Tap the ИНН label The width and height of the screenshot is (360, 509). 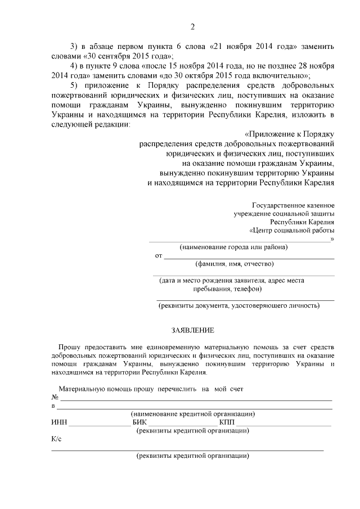click(x=58, y=422)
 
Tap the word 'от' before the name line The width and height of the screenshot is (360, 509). click(x=159, y=256)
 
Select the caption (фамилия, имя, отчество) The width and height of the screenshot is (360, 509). click(x=235, y=264)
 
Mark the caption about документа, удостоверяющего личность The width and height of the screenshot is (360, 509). click(x=239, y=305)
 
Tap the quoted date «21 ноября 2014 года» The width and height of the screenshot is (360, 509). click(x=258, y=46)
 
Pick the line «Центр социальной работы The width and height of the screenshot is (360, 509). click(x=292, y=230)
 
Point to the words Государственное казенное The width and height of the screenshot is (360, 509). click(x=293, y=205)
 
